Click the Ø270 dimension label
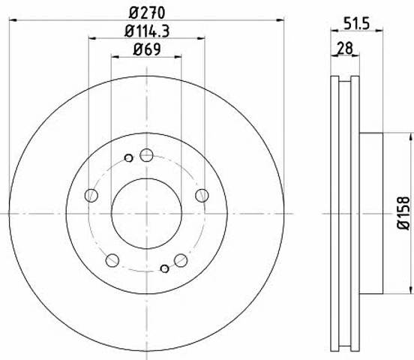pos(147,13)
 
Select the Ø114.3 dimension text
pos(147,31)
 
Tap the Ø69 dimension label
pos(147,49)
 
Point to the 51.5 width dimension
pos(356,23)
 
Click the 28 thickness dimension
pos(345,48)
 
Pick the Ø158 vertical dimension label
pos(403,213)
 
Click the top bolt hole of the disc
pos(146,155)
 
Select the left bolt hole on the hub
pos(91,196)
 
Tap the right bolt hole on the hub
pos(202,196)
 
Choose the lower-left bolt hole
pos(112,260)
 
